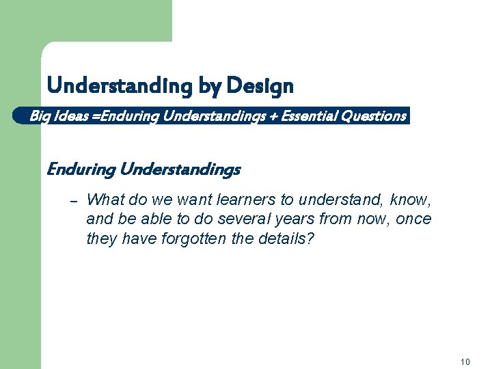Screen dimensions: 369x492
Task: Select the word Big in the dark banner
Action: click(39, 116)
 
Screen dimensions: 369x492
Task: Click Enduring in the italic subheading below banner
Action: click(80, 169)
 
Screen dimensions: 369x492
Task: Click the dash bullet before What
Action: click(75, 200)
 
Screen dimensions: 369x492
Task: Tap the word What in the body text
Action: click(105, 200)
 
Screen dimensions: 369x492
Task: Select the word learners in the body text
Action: click(243, 200)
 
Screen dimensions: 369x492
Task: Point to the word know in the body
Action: click(413, 200)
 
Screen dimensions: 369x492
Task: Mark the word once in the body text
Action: click(414, 219)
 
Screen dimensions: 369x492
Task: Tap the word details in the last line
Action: click(286, 238)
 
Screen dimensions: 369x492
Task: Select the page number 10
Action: click(465, 362)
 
